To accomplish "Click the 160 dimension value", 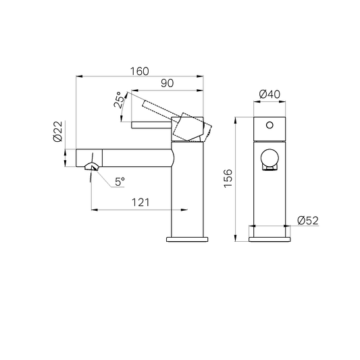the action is coord(140,71).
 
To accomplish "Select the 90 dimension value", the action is coord(167,83).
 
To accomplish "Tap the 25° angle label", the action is coord(119,100).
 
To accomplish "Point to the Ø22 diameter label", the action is coord(57,131).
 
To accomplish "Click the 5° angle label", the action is coord(120,182).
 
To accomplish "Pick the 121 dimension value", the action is coord(140,203).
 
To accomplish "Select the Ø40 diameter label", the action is coord(269,94).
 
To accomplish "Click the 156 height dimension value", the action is coord(228,178).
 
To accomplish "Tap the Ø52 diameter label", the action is coord(308,221).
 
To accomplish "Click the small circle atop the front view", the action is coord(269,125).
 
